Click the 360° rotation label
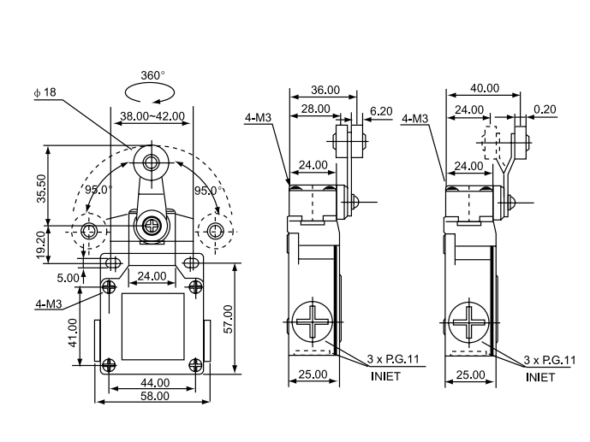point(152,75)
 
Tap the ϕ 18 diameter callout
point(45,92)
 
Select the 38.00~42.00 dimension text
point(152,116)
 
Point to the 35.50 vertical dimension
point(41,189)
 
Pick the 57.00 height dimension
point(229,319)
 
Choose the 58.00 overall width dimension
point(155,396)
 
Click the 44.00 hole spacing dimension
point(155,383)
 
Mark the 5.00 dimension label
point(69,278)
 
